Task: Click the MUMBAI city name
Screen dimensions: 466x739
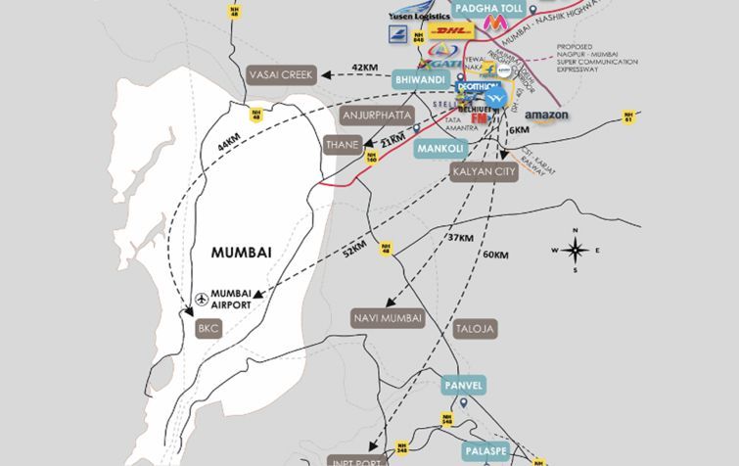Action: click(241, 253)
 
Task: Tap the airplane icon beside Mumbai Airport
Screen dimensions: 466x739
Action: click(202, 298)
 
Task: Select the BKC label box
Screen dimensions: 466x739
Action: click(208, 329)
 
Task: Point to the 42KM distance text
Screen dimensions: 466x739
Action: click(363, 67)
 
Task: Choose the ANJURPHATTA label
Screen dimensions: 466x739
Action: click(370, 116)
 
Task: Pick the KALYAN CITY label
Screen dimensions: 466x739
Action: click(483, 172)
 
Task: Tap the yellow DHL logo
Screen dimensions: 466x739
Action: click(450, 31)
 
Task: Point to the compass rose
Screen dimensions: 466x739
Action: click(577, 251)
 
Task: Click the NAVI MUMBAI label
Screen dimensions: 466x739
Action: click(389, 318)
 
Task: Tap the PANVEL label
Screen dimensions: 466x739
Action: click(462, 384)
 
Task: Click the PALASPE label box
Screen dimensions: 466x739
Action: click(486, 451)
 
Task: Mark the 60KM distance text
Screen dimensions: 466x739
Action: click(495, 256)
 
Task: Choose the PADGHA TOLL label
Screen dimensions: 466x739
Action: click(486, 8)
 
